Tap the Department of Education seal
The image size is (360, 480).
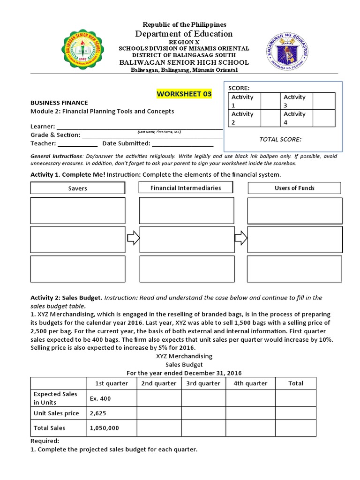[282, 52]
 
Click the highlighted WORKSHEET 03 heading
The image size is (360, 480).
[184, 94]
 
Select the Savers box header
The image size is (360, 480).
[78, 188]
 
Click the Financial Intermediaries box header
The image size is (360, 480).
[186, 187]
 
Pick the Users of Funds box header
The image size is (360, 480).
[294, 187]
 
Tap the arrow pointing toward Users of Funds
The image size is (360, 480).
[241, 238]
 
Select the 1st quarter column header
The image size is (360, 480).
[112, 383]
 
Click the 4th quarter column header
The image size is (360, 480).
[250, 383]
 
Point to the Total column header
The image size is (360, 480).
[296, 383]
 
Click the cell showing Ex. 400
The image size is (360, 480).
[112, 398]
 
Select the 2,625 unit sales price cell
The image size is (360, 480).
[112, 413]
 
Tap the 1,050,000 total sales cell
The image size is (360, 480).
[112, 428]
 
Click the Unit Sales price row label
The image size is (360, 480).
[56, 413]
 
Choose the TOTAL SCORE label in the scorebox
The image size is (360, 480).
[280, 139]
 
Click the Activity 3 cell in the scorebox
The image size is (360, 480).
[296, 101]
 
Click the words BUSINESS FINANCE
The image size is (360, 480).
[59, 102]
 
